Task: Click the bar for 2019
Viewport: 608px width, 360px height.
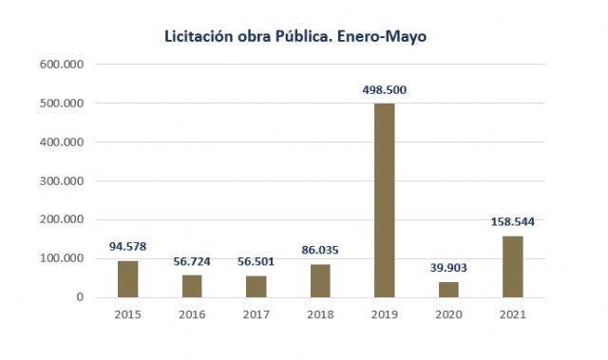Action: point(383,200)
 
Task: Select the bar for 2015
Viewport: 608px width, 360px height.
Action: point(127,278)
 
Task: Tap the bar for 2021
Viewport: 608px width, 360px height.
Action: point(511,266)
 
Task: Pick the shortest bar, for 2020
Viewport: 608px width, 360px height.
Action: point(447,290)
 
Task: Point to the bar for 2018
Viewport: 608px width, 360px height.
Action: point(319,280)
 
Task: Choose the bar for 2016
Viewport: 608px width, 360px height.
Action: point(191,286)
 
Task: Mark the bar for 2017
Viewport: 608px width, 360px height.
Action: point(256,286)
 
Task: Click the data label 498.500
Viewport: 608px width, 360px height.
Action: point(384,90)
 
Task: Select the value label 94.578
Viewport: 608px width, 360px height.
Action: point(127,247)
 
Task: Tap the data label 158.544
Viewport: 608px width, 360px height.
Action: point(511,222)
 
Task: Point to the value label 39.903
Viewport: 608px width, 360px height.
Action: point(447,268)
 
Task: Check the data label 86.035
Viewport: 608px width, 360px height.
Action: point(319,251)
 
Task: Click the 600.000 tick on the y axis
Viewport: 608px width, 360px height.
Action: point(63,65)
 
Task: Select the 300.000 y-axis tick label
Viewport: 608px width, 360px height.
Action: point(63,180)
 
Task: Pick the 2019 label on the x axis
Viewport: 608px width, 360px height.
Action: point(383,315)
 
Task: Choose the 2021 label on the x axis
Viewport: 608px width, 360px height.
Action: point(511,315)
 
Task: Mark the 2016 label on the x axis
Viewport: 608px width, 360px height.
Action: point(191,315)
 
